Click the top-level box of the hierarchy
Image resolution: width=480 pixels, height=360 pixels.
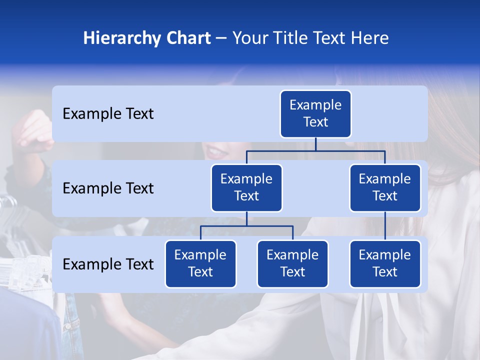315,114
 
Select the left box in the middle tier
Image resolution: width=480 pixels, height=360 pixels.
246,188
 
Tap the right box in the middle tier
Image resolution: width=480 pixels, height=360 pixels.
385,188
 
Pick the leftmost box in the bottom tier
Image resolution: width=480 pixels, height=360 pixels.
200,264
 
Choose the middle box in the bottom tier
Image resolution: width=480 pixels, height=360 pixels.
292,264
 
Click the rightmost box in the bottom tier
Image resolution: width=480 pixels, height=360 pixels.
385,264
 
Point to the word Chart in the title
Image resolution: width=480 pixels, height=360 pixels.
187,38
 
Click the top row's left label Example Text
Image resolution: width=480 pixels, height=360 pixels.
108,114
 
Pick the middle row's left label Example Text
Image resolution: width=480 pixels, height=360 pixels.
108,188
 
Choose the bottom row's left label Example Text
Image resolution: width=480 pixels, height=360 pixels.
108,264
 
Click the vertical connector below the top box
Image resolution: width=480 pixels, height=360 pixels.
315,144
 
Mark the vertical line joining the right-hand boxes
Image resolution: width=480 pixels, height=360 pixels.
385,226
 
